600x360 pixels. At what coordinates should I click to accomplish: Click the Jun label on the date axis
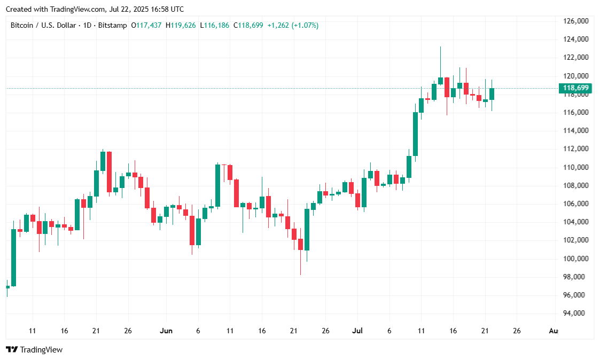[166, 331]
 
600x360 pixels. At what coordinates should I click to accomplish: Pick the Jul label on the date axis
[357, 331]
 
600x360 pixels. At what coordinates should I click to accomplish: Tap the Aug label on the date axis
[554, 331]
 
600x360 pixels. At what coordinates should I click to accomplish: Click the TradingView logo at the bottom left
[34, 350]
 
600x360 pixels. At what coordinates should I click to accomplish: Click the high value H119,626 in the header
[181, 25]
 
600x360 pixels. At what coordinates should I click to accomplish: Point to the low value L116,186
[214, 25]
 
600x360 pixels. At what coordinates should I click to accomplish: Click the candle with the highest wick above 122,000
[440, 81]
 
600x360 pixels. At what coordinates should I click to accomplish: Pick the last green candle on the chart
[492, 94]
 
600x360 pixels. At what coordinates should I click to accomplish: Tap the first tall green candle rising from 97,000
[13, 257]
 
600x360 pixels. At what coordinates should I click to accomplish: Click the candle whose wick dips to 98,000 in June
[300, 245]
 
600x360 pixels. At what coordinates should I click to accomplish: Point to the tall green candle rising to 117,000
[415, 134]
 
